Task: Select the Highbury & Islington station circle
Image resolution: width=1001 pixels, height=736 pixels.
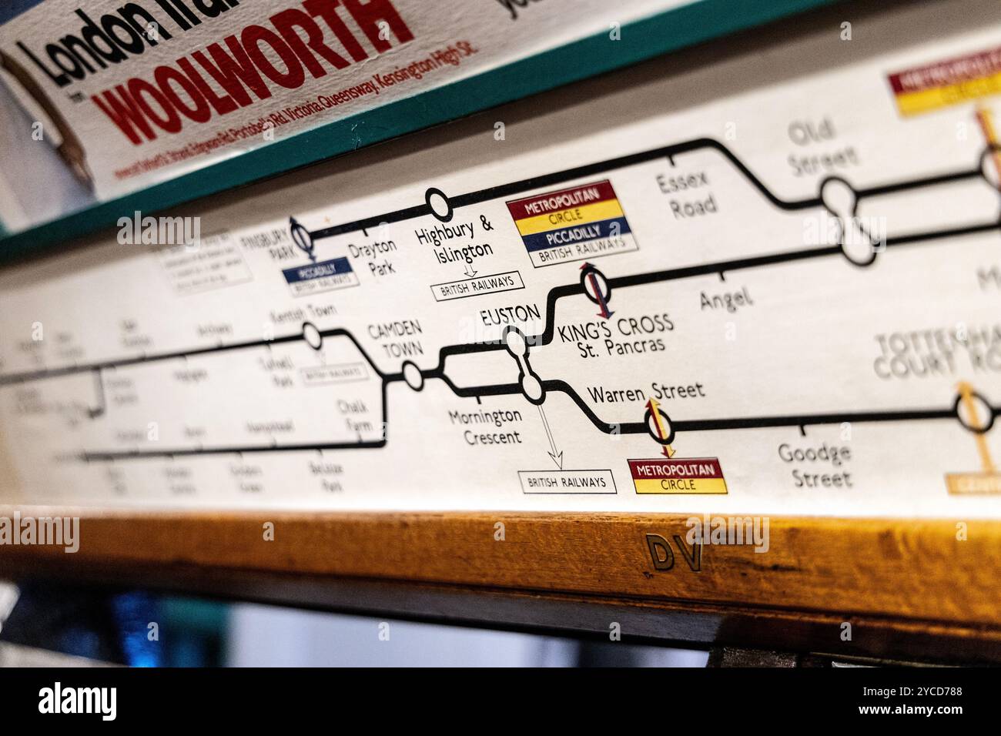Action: [x=438, y=205]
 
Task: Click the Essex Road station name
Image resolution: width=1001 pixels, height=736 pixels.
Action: [x=685, y=194]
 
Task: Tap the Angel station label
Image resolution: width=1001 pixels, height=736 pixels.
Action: [x=725, y=299]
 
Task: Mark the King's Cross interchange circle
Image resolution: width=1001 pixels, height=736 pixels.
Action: [x=597, y=288]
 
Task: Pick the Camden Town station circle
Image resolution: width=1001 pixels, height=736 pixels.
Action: [x=413, y=377]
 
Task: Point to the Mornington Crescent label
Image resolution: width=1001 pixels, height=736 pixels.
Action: [x=485, y=427]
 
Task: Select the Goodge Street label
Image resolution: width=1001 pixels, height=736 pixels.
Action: [x=814, y=466]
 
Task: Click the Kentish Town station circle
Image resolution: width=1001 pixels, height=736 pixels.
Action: [x=312, y=335]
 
